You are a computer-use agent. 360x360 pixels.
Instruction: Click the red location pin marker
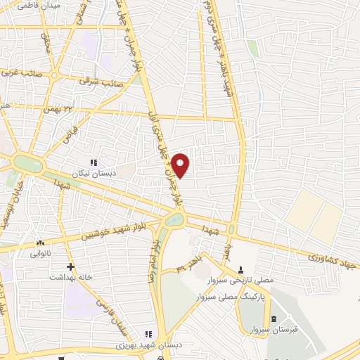tap(181, 165)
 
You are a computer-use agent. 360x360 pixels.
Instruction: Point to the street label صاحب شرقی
tap(101, 81)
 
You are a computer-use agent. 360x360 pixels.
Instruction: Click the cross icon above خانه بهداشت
tap(70, 266)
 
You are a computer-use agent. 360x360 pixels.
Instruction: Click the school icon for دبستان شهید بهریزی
tap(148, 335)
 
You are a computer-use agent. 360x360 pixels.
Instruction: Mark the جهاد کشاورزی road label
tap(333, 258)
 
